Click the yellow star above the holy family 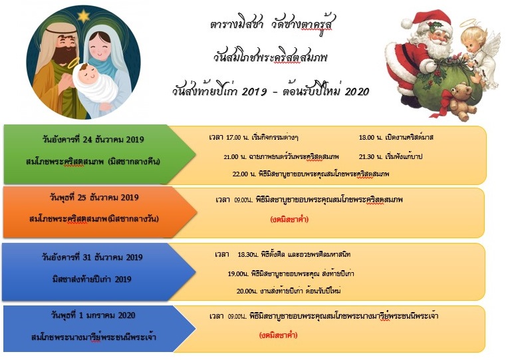pyautogui.click(x=84, y=16)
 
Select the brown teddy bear pyautogui.click(x=461, y=101)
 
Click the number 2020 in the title pyautogui.click(x=356, y=92)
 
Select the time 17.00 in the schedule pyautogui.click(x=233, y=138)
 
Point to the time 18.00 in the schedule pyautogui.click(x=366, y=138)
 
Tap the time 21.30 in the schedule pyautogui.click(x=366, y=157)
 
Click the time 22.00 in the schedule pyautogui.click(x=240, y=174)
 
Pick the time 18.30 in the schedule pyautogui.click(x=245, y=254)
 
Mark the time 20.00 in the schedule pyautogui.click(x=245, y=291)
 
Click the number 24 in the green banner pyautogui.click(x=88, y=140)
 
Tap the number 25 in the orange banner pyautogui.click(x=82, y=197)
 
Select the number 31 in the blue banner pyautogui.click(x=87, y=258)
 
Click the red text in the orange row pyautogui.click(x=289, y=220)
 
